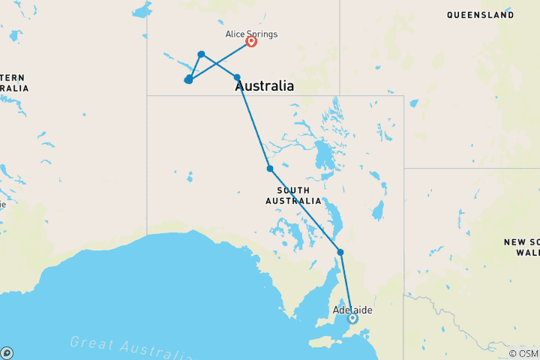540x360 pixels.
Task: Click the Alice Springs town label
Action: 251,34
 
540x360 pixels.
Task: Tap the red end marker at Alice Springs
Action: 251,42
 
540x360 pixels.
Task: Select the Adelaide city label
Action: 352,310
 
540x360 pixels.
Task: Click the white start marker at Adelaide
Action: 353,319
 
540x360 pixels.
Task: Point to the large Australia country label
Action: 265,86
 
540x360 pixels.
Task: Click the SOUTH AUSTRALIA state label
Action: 293,195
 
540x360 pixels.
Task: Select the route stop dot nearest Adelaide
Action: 340,252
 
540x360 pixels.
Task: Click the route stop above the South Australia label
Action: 270,169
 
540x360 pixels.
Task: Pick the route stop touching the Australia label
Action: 237,77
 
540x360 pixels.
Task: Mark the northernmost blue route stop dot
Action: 201,54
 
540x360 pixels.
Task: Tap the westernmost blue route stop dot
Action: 188,79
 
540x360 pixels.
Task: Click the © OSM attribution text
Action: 523,353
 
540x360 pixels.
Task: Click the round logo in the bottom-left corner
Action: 7,352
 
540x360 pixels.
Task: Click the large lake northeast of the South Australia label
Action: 325,157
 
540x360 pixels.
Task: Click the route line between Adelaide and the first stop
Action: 346,285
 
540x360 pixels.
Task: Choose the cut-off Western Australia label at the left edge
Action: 13,83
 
